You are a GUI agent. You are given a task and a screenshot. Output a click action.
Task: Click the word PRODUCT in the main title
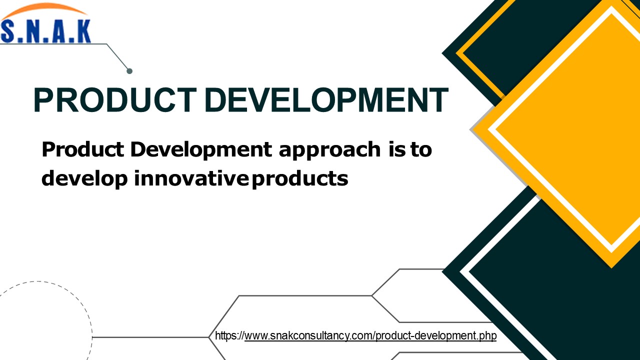tap(114, 100)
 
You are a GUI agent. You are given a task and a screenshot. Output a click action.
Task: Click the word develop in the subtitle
tap(84, 178)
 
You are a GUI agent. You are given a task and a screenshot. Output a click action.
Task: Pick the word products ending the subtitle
tap(300, 178)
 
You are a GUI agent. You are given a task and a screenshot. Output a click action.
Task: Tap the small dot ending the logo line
tap(129, 71)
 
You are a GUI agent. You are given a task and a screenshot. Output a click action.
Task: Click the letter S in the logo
tap(9, 31)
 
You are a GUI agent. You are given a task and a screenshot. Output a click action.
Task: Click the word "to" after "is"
tap(421, 149)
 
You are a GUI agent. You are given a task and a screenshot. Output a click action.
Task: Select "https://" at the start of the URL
tap(229, 335)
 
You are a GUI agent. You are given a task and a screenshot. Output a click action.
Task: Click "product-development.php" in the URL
tap(436, 335)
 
